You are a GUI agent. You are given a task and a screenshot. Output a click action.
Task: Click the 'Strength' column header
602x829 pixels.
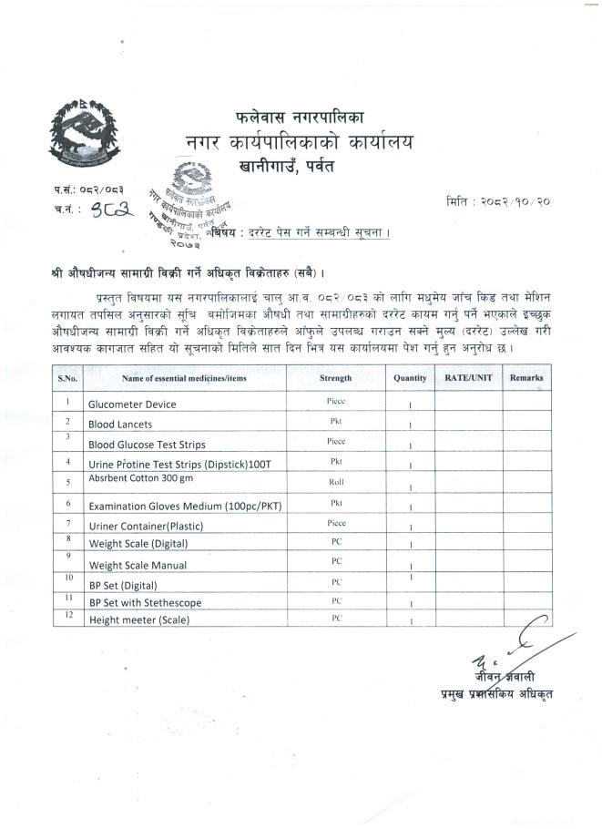pyautogui.click(x=335, y=377)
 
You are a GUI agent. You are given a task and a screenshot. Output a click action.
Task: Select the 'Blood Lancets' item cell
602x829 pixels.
pyautogui.click(x=120, y=425)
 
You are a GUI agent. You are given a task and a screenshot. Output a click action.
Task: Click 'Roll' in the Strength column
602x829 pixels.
pyautogui.click(x=335, y=482)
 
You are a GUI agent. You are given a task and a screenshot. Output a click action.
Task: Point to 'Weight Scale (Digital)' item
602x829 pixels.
pyautogui.click(x=138, y=544)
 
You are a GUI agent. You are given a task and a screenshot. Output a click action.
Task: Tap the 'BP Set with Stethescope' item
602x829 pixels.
pyautogui.click(x=145, y=603)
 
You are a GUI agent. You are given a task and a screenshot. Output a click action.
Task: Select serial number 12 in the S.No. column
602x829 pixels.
pyautogui.click(x=68, y=617)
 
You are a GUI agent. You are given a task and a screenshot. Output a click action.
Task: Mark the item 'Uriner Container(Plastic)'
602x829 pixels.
pyautogui.click(x=146, y=526)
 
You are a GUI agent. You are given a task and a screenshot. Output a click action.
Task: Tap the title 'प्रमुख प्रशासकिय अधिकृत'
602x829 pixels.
pyautogui.click(x=495, y=696)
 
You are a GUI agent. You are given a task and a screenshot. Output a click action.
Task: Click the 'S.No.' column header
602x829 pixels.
pyautogui.click(x=68, y=377)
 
